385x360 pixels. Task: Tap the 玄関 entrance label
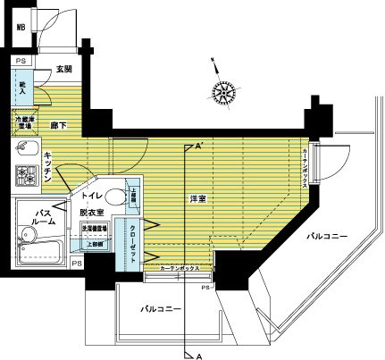pyautogui.click(x=63, y=69)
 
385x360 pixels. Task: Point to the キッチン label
pyautogui.click(x=51, y=167)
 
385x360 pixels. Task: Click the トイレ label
pyautogui.click(x=90, y=194)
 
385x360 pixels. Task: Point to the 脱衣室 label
pyautogui.click(x=92, y=212)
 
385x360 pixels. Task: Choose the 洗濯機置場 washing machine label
pyautogui.click(x=96, y=229)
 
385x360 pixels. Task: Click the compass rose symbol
pyautogui.click(x=224, y=89)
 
